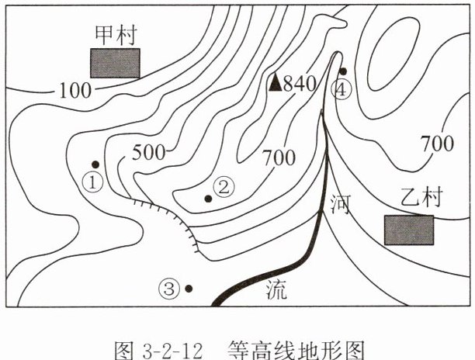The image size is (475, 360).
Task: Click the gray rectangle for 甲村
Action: point(115,63)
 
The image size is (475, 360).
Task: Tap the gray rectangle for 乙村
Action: point(409,230)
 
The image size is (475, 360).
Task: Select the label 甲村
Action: point(115,36)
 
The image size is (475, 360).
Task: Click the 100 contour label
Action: point(75,90)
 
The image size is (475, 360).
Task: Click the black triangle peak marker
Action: point(275,82)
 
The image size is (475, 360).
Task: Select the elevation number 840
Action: point(300,83)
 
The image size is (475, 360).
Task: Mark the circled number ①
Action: point(92,183)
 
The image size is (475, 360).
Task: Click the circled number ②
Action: point(224,186)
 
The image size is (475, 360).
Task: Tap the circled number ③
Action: point(168,289)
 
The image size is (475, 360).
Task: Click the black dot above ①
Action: point(95,164)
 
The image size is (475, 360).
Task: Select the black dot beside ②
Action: point(208,199)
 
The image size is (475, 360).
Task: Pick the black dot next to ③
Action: point(189,289)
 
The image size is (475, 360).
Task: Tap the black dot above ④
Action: point(342,71)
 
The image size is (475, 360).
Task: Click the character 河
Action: point(340,205)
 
